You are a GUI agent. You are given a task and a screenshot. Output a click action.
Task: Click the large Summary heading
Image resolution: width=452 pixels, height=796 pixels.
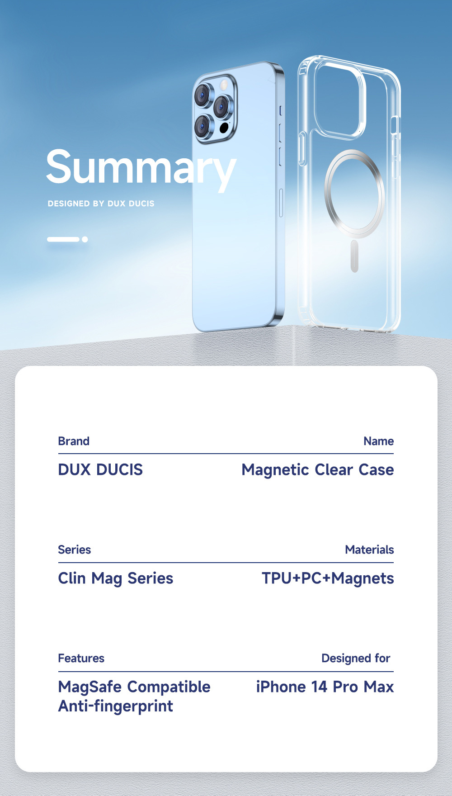(141, 168)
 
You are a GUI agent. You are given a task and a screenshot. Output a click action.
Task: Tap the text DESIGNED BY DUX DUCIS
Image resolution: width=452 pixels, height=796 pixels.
(101, 204)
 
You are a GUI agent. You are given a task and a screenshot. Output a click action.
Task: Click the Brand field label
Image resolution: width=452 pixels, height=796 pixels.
(74, 441)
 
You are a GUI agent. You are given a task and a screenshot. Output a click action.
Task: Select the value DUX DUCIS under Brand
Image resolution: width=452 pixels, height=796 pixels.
(100, 469)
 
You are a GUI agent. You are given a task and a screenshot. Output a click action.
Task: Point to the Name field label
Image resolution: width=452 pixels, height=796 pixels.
(379, 441)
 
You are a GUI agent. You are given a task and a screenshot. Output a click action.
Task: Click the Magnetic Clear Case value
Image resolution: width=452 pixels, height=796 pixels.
(318, 470)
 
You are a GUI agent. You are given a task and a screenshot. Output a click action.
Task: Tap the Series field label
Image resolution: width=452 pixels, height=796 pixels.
(75, 550)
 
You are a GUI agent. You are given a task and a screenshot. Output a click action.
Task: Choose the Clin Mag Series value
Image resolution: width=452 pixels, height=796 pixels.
(116, 578)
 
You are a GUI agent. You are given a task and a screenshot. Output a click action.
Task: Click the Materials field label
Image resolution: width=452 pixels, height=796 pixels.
(370, 550)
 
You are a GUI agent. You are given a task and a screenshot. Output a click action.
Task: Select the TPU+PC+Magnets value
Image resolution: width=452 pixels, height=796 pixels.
(328, 578)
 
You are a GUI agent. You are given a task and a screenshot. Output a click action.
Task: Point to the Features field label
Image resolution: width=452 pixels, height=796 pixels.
(81, 658)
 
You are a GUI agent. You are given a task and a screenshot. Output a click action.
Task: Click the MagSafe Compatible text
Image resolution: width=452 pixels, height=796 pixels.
(134, 687)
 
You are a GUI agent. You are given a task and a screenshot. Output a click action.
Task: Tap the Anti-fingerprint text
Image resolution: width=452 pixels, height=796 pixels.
(116, 706)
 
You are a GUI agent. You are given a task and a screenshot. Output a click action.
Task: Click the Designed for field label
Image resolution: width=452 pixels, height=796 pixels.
(356, 659)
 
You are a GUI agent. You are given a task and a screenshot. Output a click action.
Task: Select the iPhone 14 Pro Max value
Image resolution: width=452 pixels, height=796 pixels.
(325, 687)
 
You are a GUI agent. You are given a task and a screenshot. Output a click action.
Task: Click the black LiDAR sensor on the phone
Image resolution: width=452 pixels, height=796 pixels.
(224, 128)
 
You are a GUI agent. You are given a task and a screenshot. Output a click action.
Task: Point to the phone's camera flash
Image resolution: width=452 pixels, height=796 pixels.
(223, 85)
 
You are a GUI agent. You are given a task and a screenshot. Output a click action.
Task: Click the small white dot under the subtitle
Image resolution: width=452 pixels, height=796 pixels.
(85, 239)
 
